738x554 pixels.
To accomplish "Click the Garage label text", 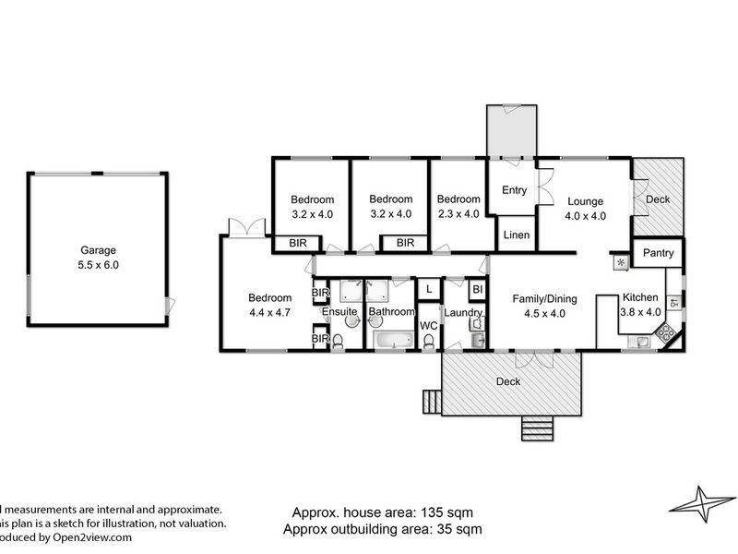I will point(98,249).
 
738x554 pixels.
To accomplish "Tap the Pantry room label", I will point(659,253).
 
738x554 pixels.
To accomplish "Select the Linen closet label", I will point(517,235).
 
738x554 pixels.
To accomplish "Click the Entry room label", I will point(514,189).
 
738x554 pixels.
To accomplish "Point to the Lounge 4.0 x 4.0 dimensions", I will point(585,216).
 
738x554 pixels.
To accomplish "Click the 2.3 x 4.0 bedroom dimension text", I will point(458,214).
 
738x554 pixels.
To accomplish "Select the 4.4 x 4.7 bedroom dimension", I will point(270,313).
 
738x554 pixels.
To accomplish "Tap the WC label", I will point(428,326).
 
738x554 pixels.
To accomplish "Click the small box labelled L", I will point(429,289).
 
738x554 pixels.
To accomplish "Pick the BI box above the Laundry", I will point(476,289).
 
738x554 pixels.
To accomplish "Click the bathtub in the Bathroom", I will point(396,341).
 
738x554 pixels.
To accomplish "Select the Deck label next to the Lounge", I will point(658,199).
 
